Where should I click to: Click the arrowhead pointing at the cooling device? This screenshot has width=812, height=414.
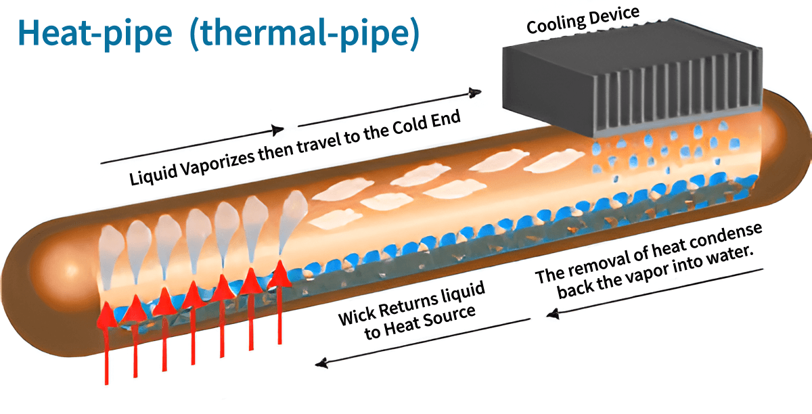[x=476, y=92]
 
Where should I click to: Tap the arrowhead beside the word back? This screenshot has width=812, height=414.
[x=554, y=313]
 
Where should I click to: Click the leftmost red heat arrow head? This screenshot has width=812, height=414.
[x=106, y=315]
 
